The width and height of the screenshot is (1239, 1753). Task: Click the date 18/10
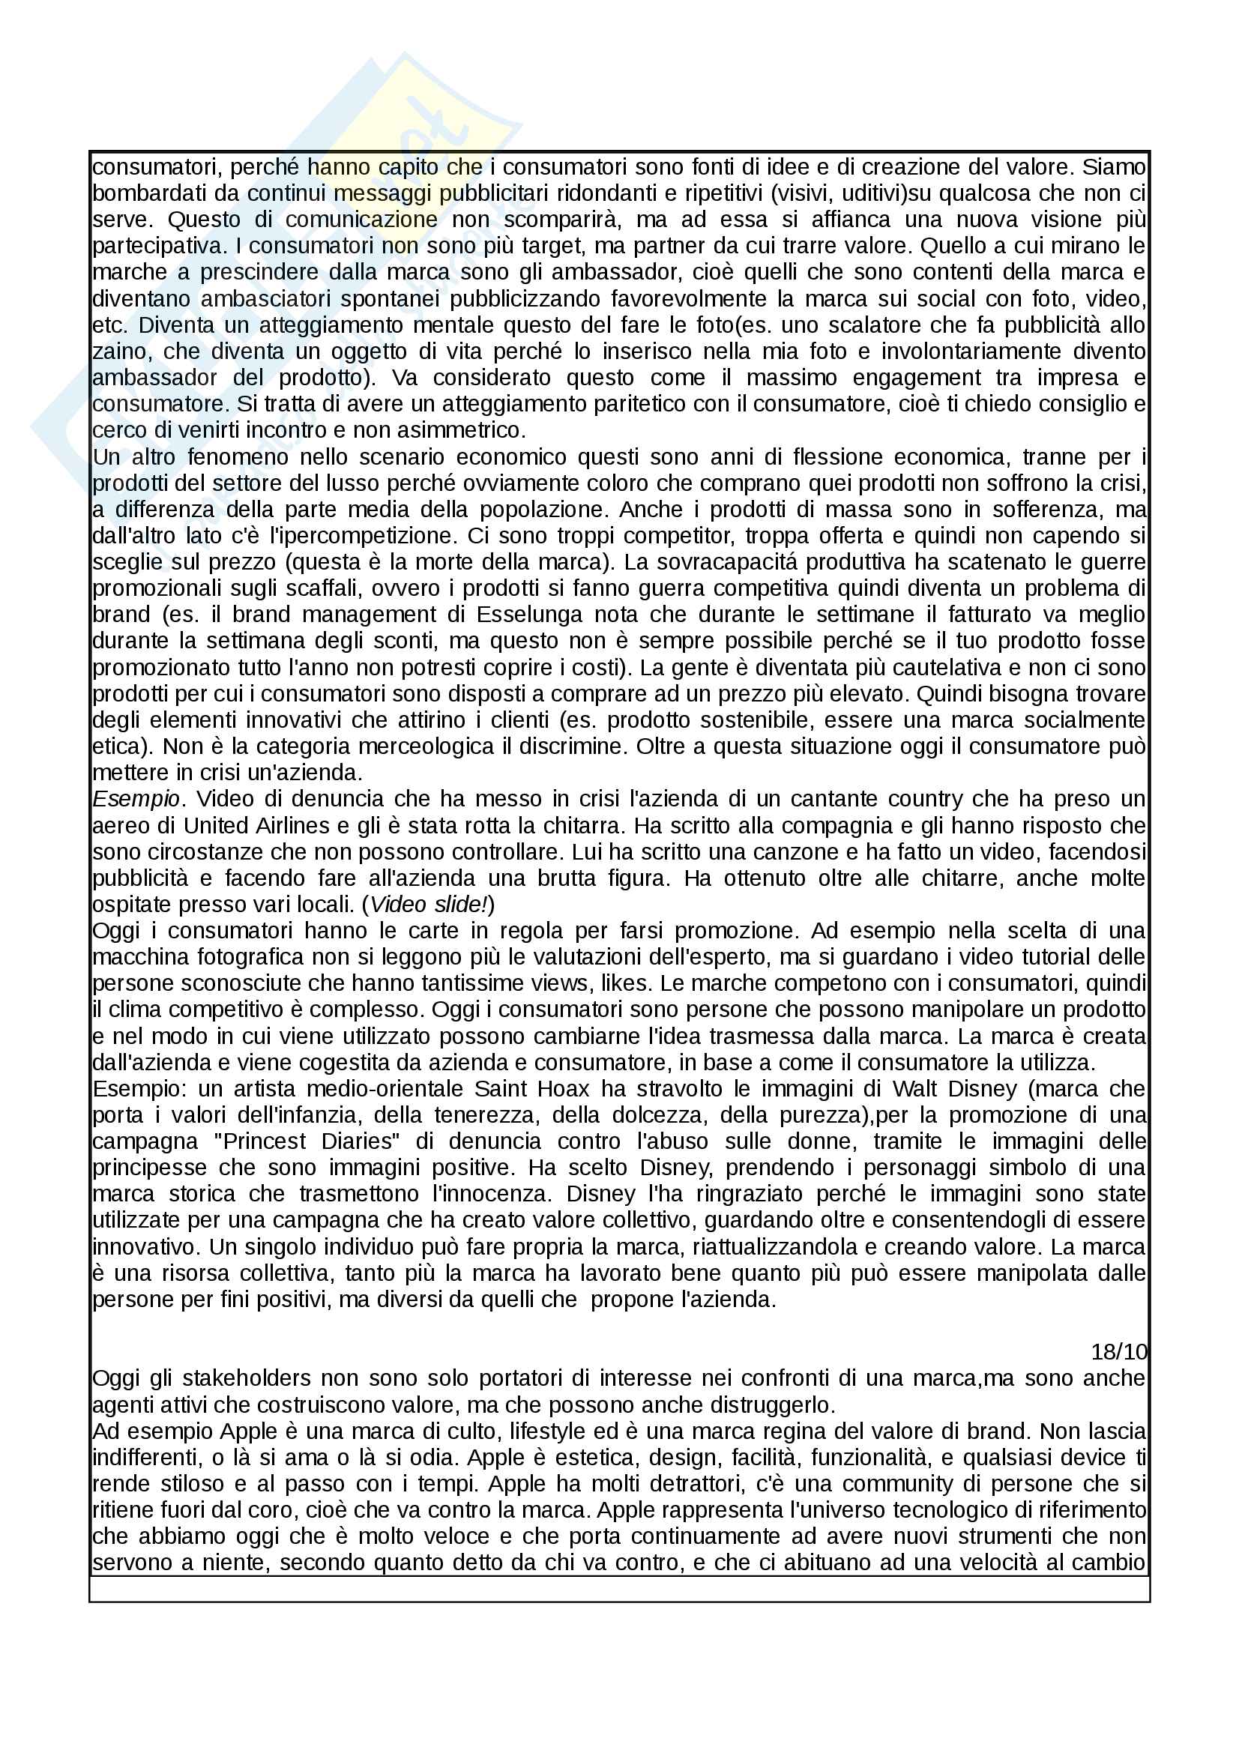tap(1119, 1351)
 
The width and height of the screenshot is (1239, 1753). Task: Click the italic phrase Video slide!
tap(429, 905)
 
